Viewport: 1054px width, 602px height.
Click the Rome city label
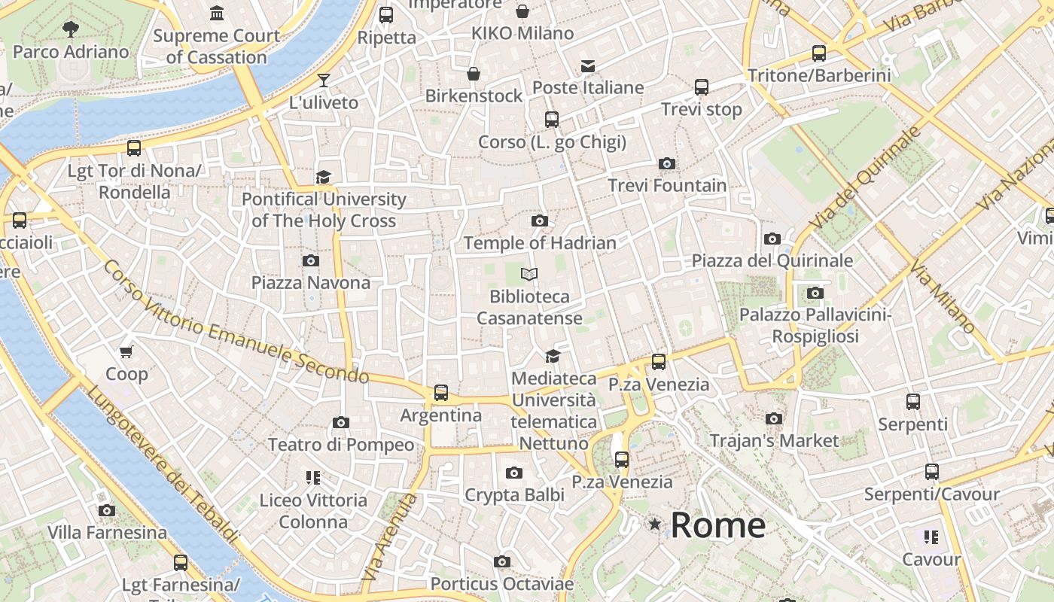[717, 524]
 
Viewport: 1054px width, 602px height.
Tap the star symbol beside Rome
[655, 524]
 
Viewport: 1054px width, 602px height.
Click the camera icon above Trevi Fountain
[666, 163]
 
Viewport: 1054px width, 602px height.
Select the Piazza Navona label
[311, 283]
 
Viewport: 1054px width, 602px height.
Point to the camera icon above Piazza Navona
[310, 260]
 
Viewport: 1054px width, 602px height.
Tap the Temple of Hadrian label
[540, 243]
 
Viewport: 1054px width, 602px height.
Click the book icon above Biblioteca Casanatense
[530, 274]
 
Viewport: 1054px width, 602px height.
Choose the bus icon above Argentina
[441, 392]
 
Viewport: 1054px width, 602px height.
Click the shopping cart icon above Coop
[126, 351]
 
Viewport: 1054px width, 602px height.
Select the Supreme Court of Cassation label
[217, 46]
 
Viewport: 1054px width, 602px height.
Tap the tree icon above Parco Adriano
[71, 29]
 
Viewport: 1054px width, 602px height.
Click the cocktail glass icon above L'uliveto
[324, 80]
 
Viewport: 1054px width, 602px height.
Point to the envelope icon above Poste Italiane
[588, 66]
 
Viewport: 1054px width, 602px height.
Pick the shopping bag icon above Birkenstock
[474, 74]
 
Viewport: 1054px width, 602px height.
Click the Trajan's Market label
[774, 440]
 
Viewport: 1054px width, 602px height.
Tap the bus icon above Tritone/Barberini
[819, 53]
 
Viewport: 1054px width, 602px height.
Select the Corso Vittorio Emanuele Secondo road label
[235, 322]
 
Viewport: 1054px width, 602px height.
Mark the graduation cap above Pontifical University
[324, 177]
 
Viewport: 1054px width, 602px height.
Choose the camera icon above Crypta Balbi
[514, 473]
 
